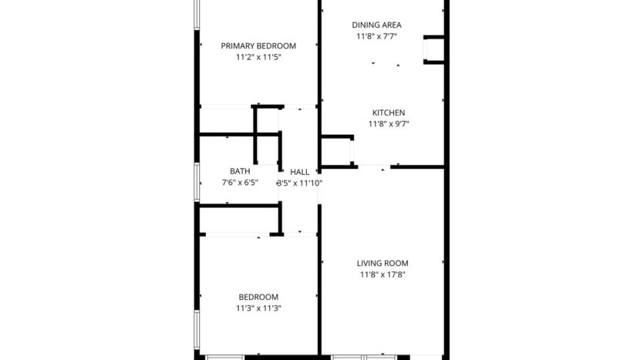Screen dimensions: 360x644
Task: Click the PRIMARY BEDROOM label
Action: click(258, 45)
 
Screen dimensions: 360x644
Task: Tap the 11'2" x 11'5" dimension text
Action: click(258, 57)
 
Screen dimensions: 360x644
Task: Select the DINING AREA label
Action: click(376, 25)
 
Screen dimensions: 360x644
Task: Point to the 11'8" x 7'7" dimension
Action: click(376, 36)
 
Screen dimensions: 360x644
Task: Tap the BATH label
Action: click(239, 171)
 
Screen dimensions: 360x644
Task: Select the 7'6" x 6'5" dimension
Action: click(239, 183)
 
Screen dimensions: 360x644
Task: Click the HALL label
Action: click(300, 172)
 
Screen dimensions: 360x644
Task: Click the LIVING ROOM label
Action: click(383, 263)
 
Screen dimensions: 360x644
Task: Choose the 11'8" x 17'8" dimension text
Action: click(383, 274)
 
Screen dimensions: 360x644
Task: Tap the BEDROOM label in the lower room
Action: click(258, 297)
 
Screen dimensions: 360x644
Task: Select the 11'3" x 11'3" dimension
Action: click(258, 308)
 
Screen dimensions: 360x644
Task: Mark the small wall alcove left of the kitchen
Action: click(336, 150)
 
